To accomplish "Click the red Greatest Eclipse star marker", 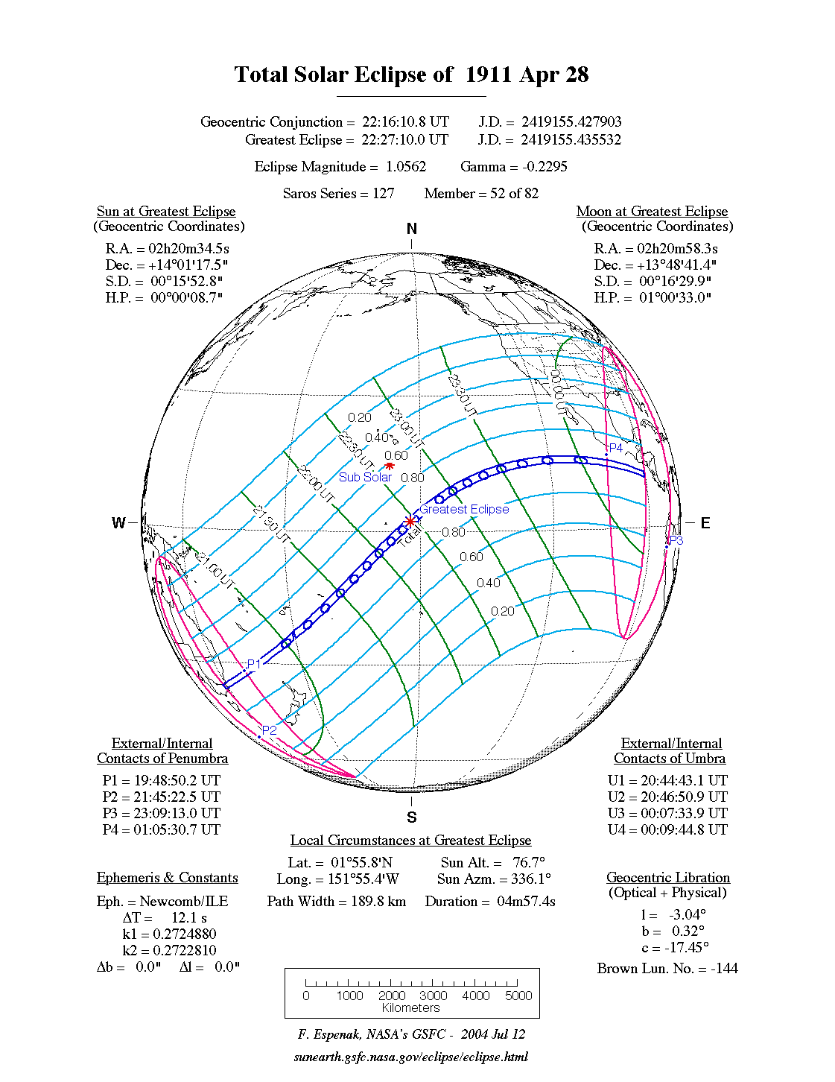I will click(410, 521).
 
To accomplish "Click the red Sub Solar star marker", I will click(389, 466).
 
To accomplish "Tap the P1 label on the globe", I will click(254, 664).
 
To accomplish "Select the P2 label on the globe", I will click(269, 730).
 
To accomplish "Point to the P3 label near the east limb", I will click(676, 540).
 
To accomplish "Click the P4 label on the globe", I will click(616, 448).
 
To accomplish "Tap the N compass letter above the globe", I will click(412, 229).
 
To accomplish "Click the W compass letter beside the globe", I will click(118, 522).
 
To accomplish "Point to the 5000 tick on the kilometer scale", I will click(518, 996).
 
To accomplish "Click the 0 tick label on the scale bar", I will click(306, 996).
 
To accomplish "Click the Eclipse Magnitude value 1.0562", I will click(406, 166).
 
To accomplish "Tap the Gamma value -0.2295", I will click(545, 166).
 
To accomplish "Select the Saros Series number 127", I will click(383, 193).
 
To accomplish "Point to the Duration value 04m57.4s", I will click(526, 901).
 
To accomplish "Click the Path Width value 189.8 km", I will click(378, 901).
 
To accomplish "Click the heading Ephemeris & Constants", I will click(167, 877).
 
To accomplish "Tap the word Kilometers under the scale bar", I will click(411, 1007).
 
